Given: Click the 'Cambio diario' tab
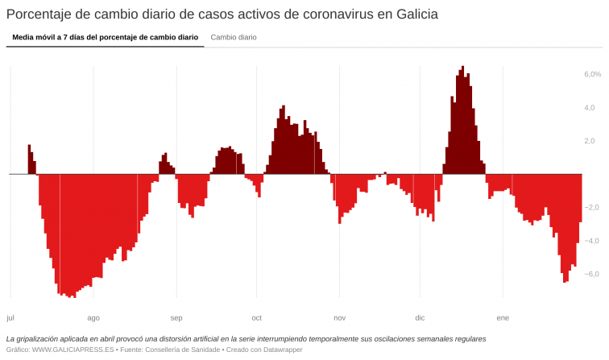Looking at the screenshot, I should click(234, 37).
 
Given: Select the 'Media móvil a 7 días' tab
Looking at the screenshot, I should click(105, 37).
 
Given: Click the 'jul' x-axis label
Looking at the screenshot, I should click(10, 317).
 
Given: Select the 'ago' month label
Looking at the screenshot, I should click(93, 317).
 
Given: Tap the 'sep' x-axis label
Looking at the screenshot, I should click(176, 317).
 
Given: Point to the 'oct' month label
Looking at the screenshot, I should click(257, 317).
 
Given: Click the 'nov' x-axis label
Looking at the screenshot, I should click(340, 317).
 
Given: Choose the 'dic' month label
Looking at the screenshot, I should click(420, 317).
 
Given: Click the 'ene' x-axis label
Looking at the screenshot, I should click(503, 317).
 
